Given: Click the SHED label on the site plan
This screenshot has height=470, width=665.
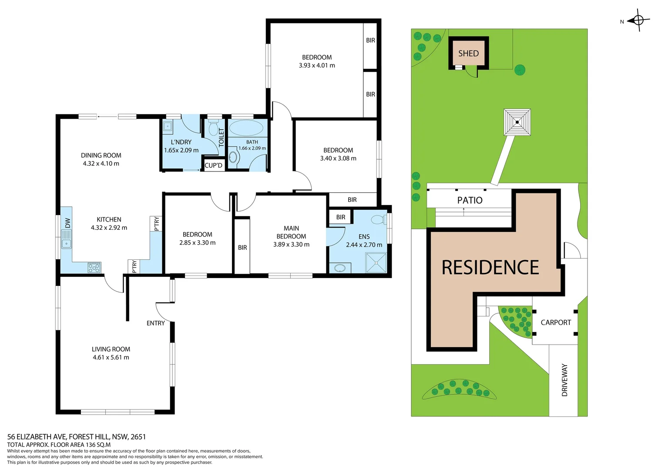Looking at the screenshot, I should pyautogui.click(x=468, y=54).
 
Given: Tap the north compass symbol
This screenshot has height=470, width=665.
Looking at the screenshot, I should pyautogui.click(x=638, y=20).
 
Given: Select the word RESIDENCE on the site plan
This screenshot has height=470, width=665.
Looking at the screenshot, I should pyautogui.click(x=490, y=267).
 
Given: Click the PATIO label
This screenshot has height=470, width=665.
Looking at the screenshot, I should pyautogui.click(x=470, y=200).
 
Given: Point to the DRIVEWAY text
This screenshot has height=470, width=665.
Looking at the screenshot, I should pyautogui.click(x=564, y=380).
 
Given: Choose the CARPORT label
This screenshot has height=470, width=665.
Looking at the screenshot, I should pyautogui.click(x=555, y=322).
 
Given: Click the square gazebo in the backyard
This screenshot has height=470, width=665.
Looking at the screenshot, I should pyautogui.click(x=517, y=122).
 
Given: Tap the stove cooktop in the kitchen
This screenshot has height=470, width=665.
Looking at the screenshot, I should pyautogui.click(x=94, y=268).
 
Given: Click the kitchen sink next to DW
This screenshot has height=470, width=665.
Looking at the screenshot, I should pyautogui.click(x=66, y=244).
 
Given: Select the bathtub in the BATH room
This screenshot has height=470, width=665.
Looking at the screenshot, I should pyautogui.click(x=246, y=128).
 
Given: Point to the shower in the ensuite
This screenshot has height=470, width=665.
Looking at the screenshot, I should pyautogui.click(x=376, y=263).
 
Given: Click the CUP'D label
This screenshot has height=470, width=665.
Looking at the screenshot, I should pyautogui.click(x=213, y=165).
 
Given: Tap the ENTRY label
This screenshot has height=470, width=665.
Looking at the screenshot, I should pyautogui.click(x=155, y=323).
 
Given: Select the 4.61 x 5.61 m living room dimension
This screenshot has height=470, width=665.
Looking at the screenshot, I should pyautogui.click(x=111, y=357).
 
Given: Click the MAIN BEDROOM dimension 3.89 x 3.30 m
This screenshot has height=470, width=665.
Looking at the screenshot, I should pyautogui.click(x=291, y=245).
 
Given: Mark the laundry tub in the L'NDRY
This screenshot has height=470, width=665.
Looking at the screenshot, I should pyautogui.click(x=168, y=127).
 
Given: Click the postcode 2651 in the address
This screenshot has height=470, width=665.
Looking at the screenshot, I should pyautogui.click(x=138, y=436).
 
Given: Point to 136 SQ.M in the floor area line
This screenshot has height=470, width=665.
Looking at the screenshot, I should pyautogui.click(x=98, y=445).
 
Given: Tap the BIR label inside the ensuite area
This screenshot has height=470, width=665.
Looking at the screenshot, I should pyautogui.click(x=340, y=217).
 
